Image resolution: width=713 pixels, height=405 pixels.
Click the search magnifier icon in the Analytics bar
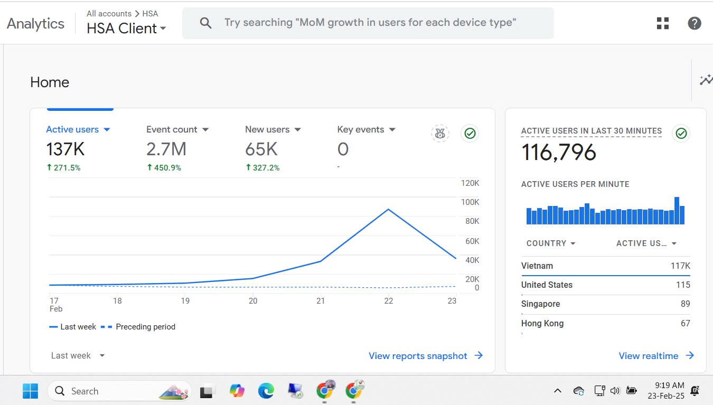[x=205, y=23]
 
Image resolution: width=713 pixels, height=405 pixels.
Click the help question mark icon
[x=694, y=23]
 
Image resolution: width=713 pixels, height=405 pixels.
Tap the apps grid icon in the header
[x=663, y=23]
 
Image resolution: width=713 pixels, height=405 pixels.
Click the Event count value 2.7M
[x=166, y=149]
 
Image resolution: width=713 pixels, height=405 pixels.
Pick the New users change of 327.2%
[x=262, y=168]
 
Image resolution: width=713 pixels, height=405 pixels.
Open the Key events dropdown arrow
[x=392, y=130]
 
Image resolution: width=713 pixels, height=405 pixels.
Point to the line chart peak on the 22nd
[x=388, y=209]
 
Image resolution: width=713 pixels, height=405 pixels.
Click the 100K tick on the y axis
[x=470, y=202]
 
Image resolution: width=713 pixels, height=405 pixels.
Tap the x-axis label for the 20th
[x=253, y=301]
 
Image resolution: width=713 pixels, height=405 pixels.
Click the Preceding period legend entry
[x=138, y=327]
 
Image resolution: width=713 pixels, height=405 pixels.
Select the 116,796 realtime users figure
[x=559, y=152]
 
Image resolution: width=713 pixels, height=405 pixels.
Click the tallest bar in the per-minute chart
[x=677, y=211]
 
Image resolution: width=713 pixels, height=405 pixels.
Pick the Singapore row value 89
[x=686, y=304]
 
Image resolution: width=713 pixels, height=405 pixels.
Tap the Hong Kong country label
[x=542, y=323]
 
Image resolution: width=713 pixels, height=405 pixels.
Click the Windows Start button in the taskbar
[x=31, y=391]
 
